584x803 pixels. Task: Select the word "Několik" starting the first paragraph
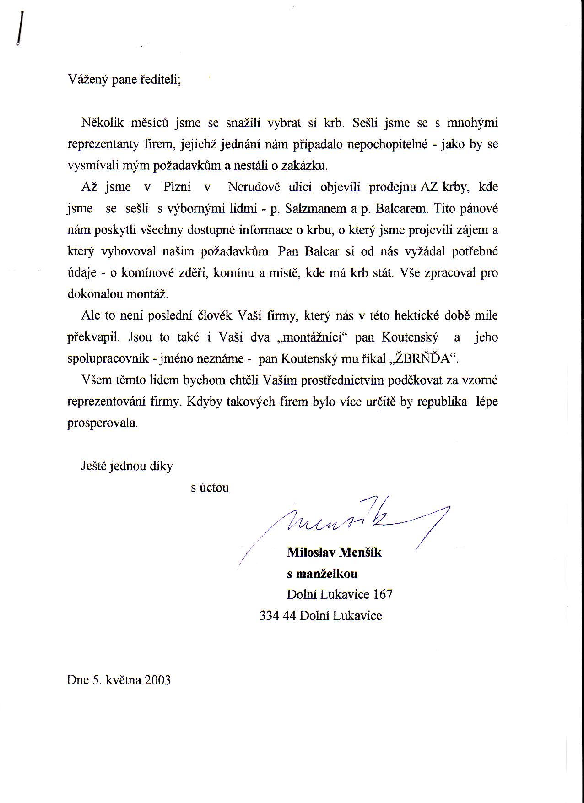click(x=101, y=123)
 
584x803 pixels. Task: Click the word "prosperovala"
click(x=103, y=423)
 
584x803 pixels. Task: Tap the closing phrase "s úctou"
click(x=210, y=488)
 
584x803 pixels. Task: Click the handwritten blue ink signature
click(x=348, y=522)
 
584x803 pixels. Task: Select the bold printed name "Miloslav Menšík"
click(x=334, y=553)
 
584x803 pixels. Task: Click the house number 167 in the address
click(x=383, y=594)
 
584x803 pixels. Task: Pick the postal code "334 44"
click(x=277, y=616)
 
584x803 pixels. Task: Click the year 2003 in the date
click(x=157, y=680)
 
